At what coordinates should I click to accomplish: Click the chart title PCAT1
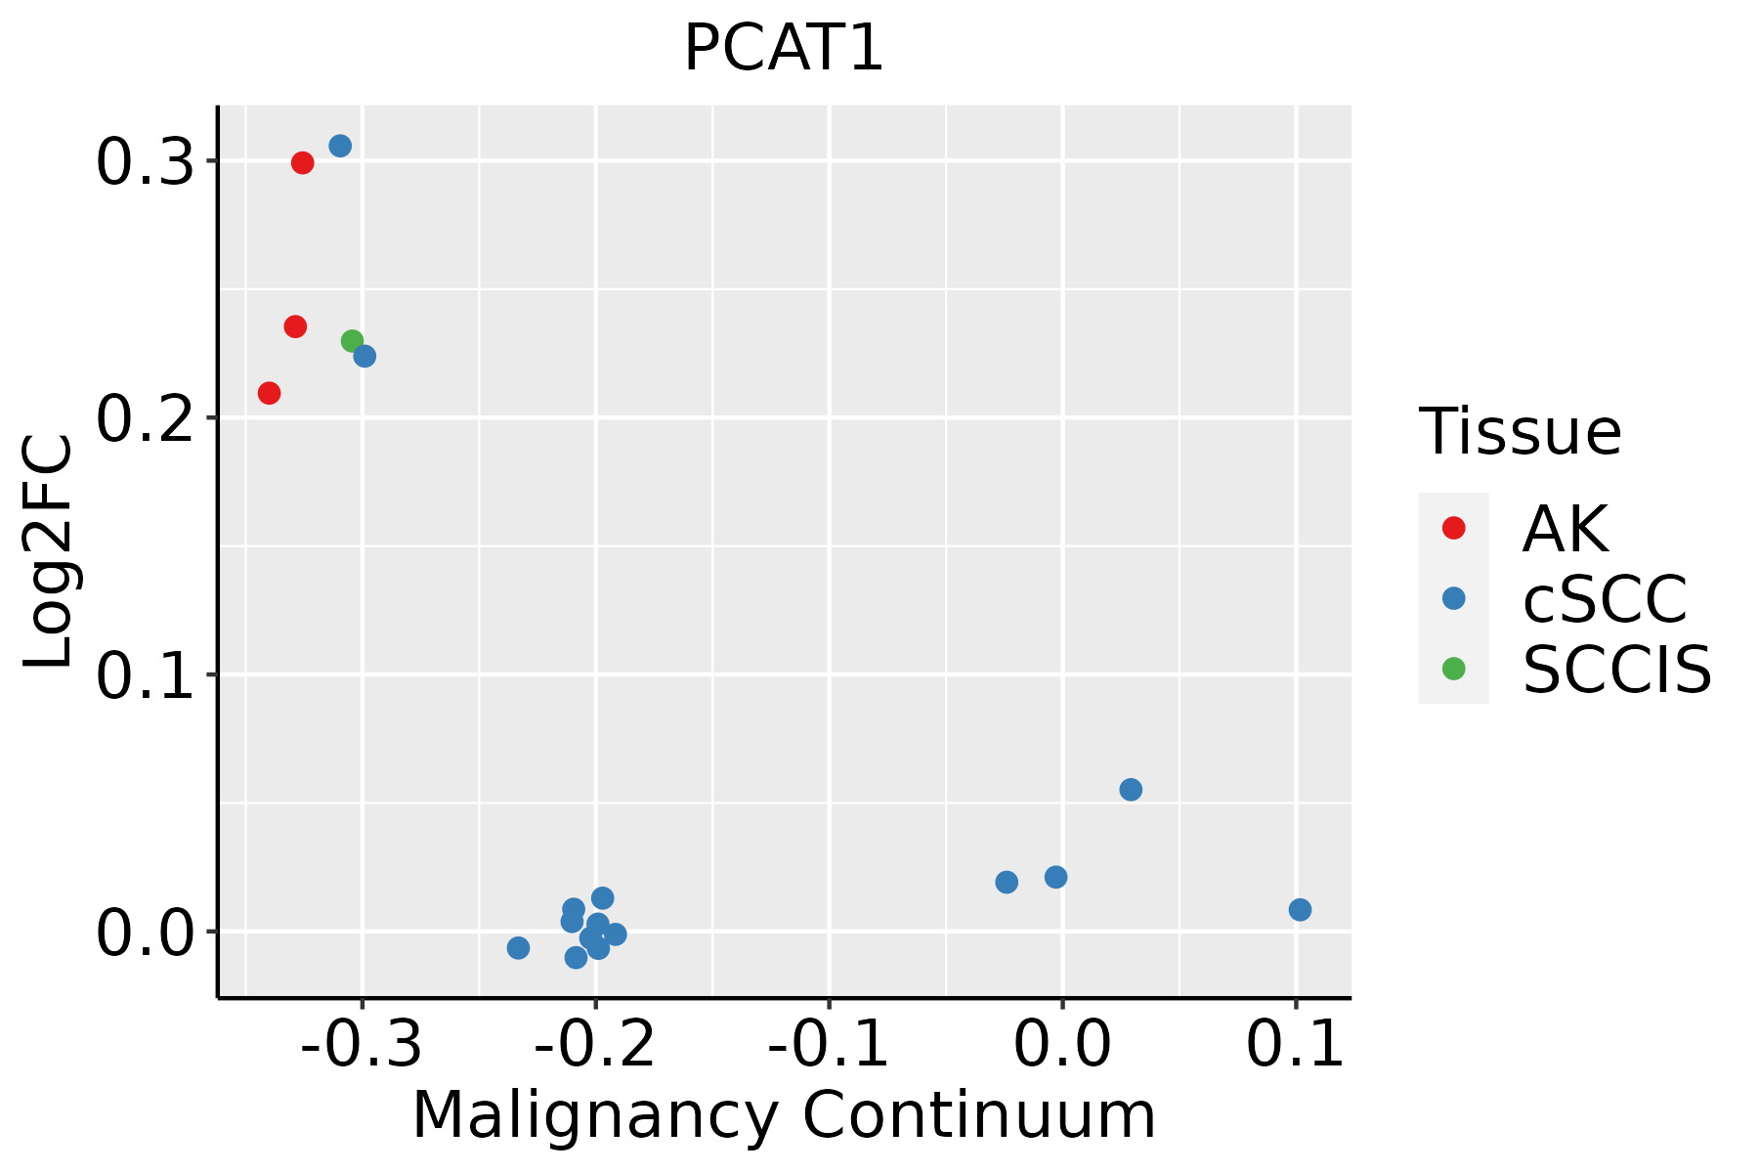tap(784, 49)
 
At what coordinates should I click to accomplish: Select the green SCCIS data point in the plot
tap(353, 341)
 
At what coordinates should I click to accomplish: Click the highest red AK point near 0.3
tap(303, 163)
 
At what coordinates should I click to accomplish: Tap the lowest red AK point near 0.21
tap(270, 393)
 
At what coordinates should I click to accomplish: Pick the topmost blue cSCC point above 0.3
tap(340, 147)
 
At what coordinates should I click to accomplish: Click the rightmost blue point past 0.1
tap(1300, 910)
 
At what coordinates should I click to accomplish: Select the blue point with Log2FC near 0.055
tap(1131, 790)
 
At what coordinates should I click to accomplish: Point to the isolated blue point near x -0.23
tap(519, 948)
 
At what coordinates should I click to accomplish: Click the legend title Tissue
tap(1521, 432)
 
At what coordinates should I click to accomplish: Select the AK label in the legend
tap(1565, 529)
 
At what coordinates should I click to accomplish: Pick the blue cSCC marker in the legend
tap(1454, 598)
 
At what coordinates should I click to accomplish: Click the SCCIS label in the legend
tap(1617, 671)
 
